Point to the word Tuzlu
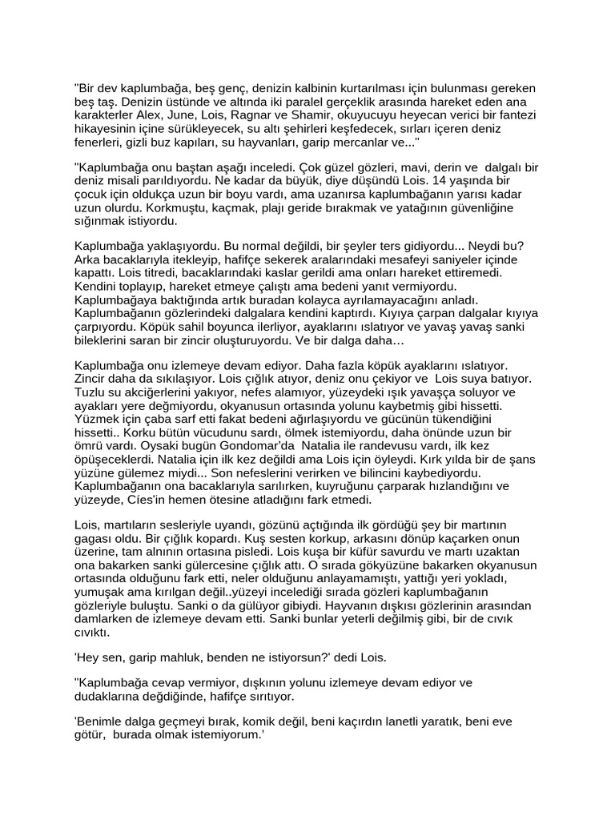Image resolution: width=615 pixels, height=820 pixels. click(x=90, y=394)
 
